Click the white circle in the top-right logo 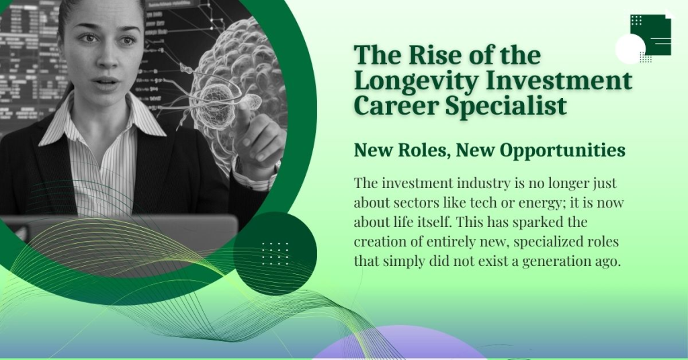pos(630,48)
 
